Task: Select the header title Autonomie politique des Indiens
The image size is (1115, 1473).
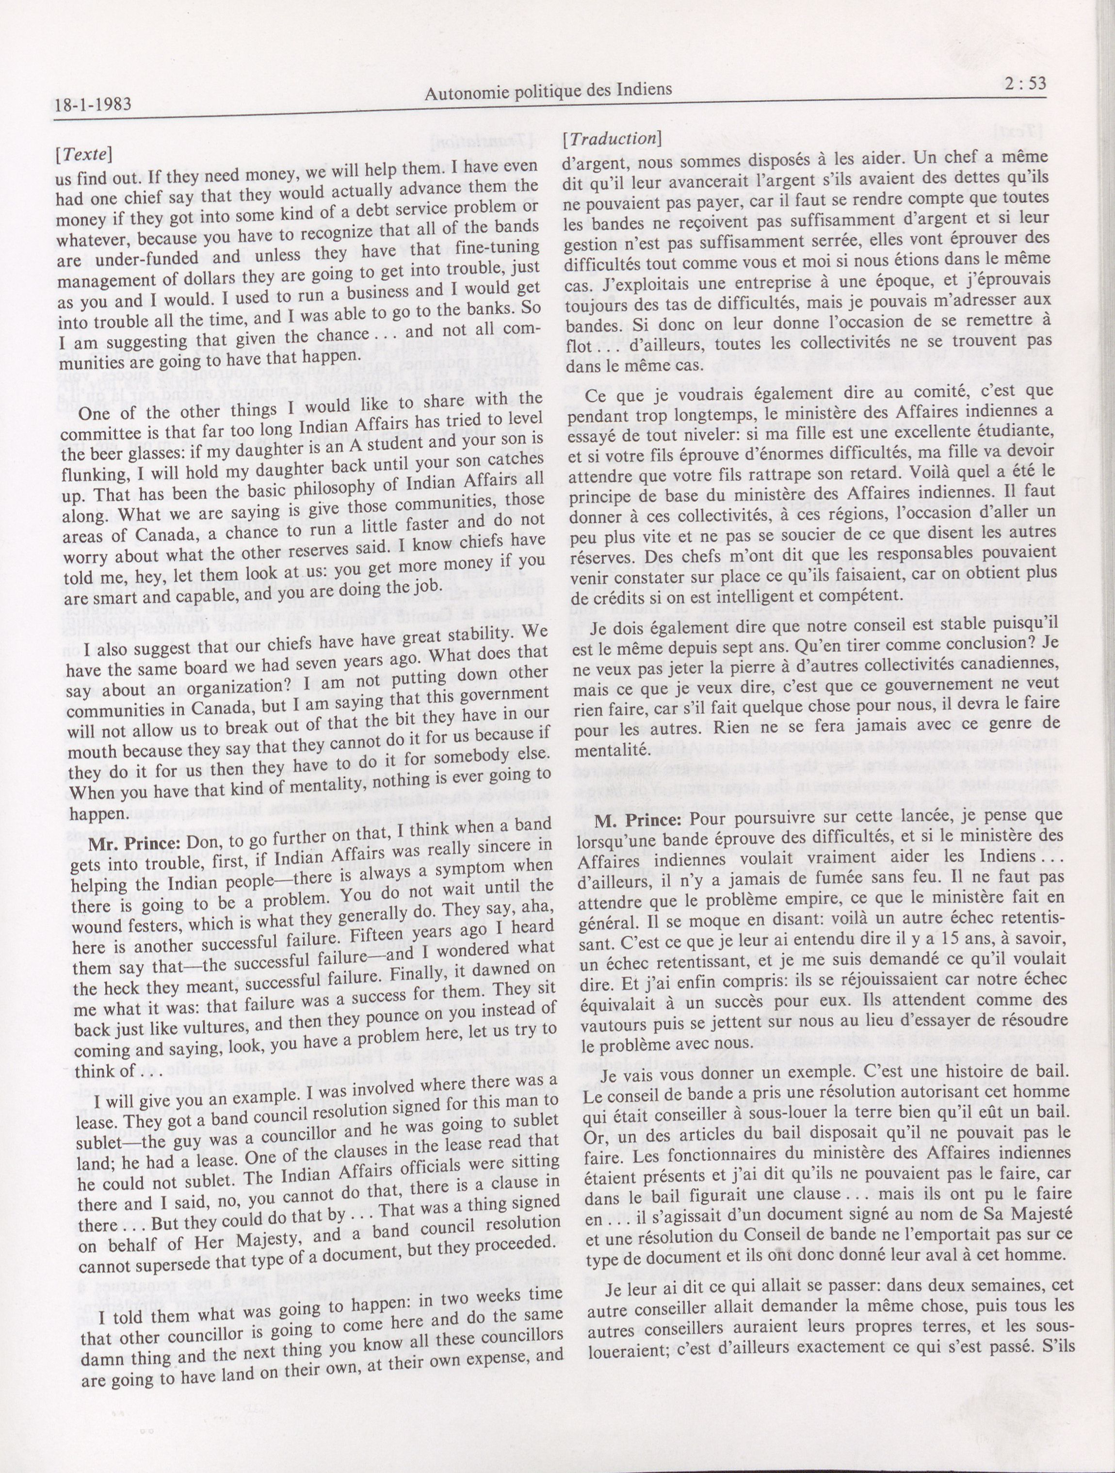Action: [x=548, y=91]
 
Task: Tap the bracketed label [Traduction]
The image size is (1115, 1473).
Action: [x=612, y=139]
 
